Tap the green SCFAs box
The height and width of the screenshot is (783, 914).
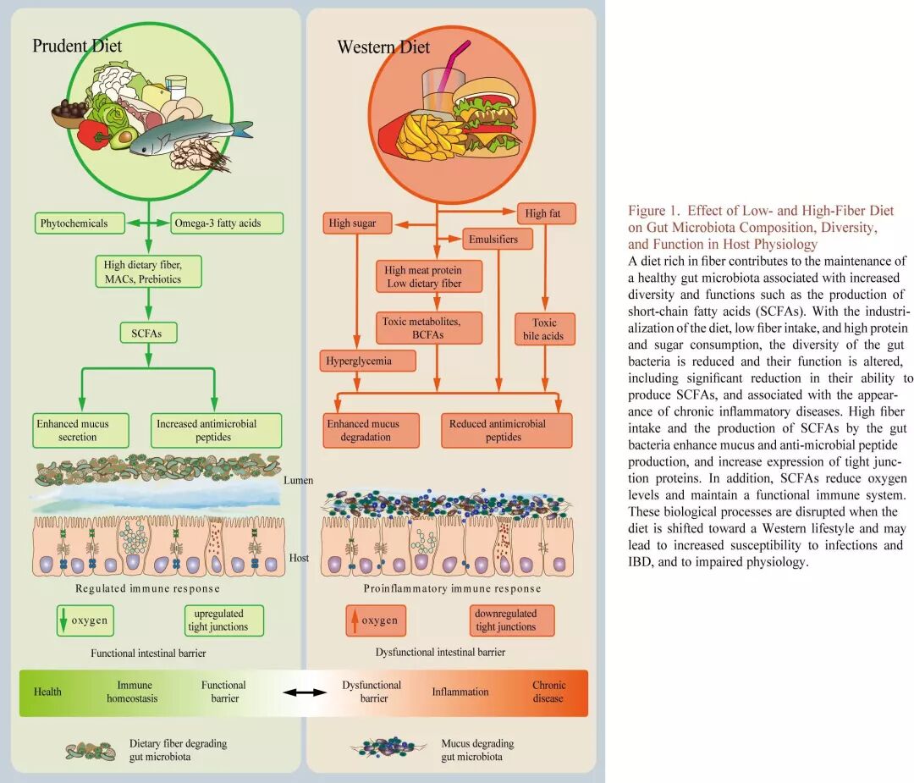click(148, 334)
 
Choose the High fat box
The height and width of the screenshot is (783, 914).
click(542, 214)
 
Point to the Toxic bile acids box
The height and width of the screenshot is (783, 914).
click(545, 329)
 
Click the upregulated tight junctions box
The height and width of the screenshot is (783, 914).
click(223, 620)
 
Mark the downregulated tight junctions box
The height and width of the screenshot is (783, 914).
click(511, 620)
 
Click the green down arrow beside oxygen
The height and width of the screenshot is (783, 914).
click(62, 620)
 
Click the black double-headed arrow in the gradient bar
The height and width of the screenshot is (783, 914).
click(305, 692)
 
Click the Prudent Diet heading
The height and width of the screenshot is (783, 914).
click(77, 46)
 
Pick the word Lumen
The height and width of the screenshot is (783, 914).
click(298, 480)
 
